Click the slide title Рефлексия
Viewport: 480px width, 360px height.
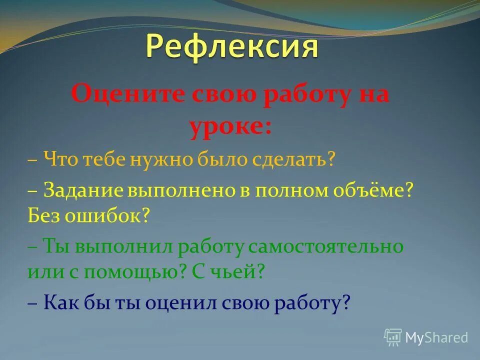[232, 47]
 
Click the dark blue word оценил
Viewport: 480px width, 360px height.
[192, 302]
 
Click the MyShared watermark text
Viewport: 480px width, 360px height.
[436, 337]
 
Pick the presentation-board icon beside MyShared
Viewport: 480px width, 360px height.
[393, 337]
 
